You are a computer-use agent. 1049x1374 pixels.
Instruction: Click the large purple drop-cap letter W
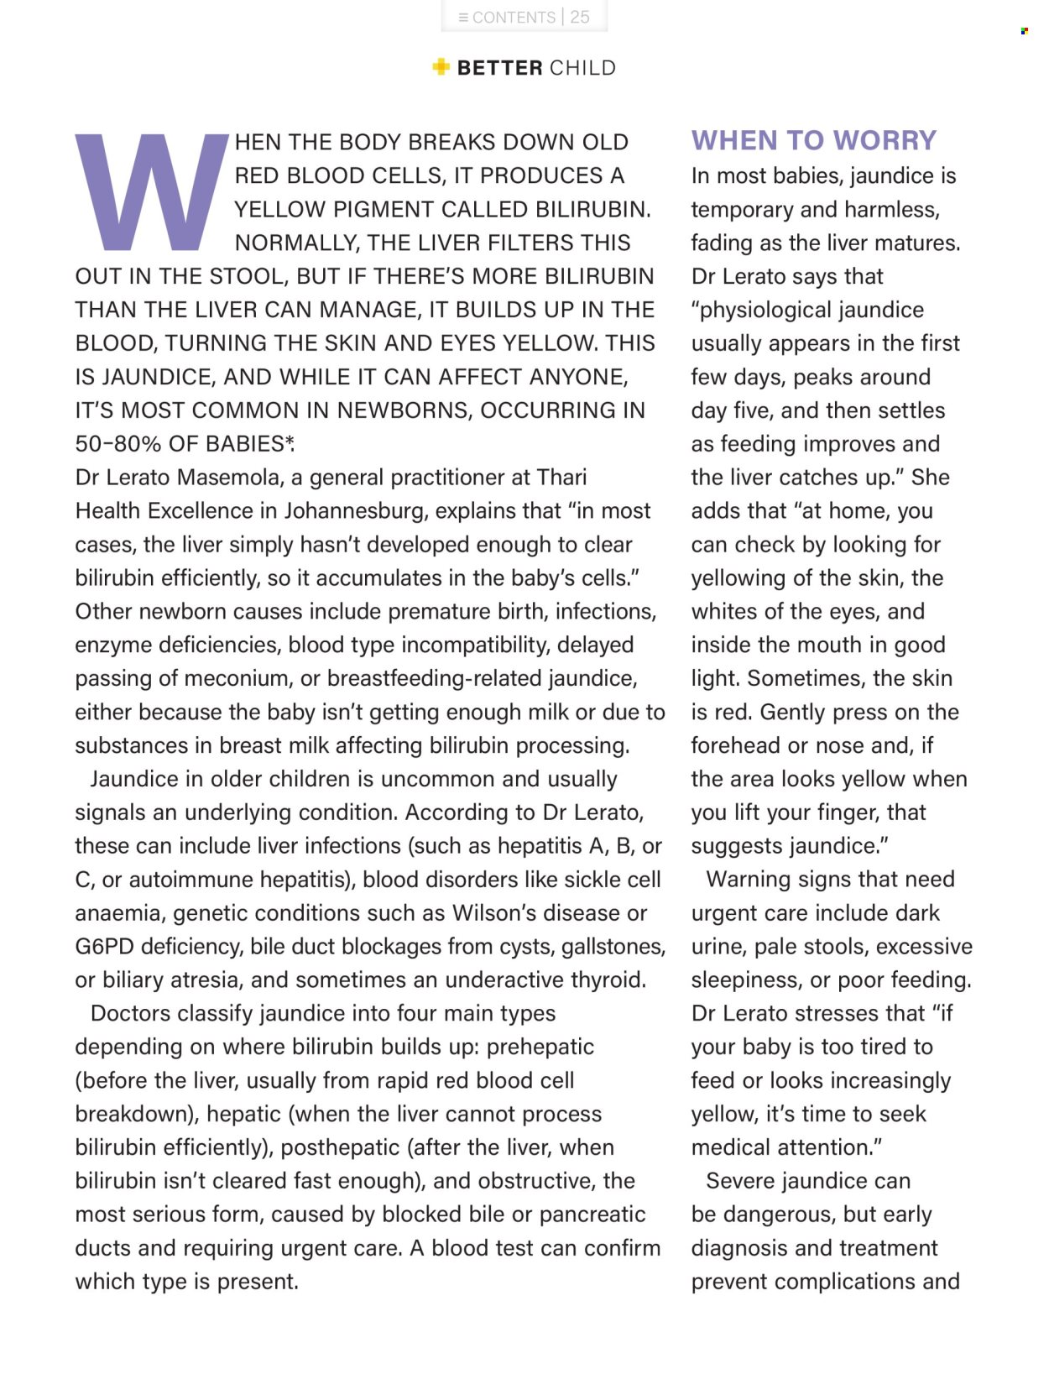pyautogui.click(x=152, y=191)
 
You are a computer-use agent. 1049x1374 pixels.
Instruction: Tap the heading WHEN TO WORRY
pyautogui.click(x=813, y=140)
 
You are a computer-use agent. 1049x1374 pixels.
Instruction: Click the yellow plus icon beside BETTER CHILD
pyautogui.click(x=441, y=67)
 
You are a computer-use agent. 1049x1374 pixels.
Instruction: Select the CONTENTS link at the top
pyautogui.click(x=507, y=17)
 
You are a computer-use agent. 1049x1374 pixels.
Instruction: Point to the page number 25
pyautogui.click(x=580, y=17)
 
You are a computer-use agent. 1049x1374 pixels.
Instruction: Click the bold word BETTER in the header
pyautogui.click(x=499, y=68)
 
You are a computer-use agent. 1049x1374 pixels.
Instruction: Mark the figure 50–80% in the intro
pyautogui.click(x=118, y=444)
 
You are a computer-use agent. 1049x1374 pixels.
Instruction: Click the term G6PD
pyautogui.click(x=104, y=947)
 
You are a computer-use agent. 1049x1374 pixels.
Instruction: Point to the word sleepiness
pyautogui.click(x=746, y=980)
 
